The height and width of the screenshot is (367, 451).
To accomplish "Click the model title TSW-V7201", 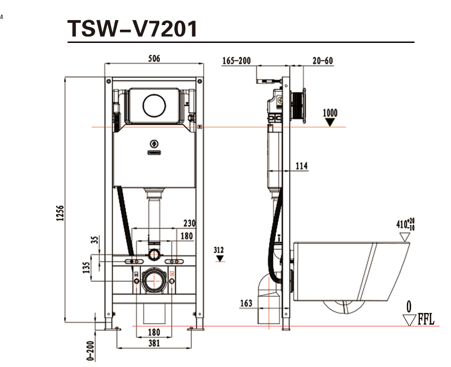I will click(x=133, y=29).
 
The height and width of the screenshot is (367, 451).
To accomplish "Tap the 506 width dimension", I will click(x=154, y=58).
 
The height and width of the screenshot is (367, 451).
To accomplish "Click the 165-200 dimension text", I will click(x=236, y=61).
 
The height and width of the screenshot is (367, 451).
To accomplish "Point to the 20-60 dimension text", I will click(x=323, y=61).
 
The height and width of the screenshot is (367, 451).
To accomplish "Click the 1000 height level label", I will click(x=330, y=113).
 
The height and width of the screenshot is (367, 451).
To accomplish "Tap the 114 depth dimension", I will click(x=302, y=166).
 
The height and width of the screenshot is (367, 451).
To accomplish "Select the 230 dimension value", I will click(x=189, y=224).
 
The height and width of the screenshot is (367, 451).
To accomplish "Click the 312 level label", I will click(x=219, y=250).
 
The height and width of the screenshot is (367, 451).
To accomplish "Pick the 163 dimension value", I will click(x=246, y=303).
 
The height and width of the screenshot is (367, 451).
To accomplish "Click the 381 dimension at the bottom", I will click(x=154, y=343).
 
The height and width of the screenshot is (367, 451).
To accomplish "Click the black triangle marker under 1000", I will click(x=330, y=122).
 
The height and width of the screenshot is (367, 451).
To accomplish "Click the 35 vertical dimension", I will click(x=94, y=240).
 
